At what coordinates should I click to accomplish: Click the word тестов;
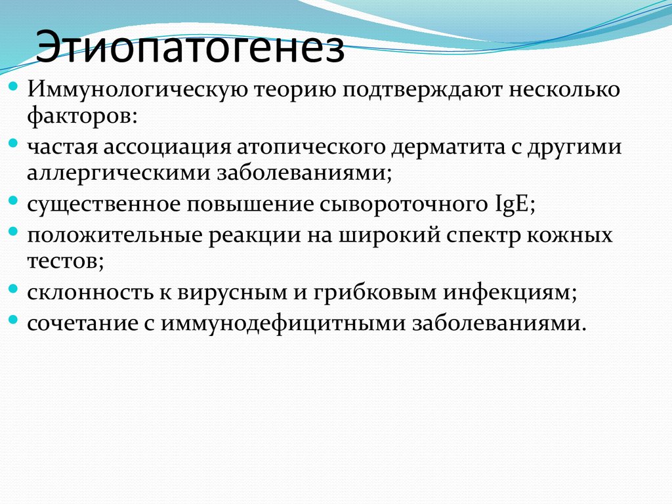(66, 262)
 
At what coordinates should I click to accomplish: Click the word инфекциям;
(510, 292)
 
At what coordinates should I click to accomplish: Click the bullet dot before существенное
(14, 201)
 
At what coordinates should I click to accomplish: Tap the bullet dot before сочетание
(14, 320)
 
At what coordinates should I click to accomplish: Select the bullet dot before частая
(14, 144)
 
